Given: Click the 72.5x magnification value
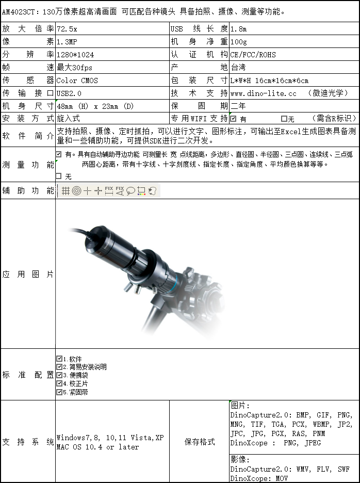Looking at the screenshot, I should pyautogui.click(x=67, y=29).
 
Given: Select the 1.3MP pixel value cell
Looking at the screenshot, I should pyautogui.click(x=67, y=42).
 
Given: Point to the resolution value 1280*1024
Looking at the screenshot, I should pyautogui.click(x=75, y=55).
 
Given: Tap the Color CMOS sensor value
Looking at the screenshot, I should pyautogui.click(x=77, y=81).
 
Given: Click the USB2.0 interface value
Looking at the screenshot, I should pyautogui.click(x=69, y=93).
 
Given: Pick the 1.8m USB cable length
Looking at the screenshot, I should pyautogui.click(x=238, y=29).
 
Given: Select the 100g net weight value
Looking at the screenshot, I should pyautogui.click(x=238, y=42).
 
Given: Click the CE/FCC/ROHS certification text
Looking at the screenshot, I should pyautogui.click(x=253, y=55).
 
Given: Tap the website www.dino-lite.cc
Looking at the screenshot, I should pyautogui.click(x=263, y=93).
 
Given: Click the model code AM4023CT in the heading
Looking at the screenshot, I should pyautogui.click(x=19, y=11).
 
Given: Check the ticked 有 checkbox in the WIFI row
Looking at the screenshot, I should pyautogui.click(x=233, y=119).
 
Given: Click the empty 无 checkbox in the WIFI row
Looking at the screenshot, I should pyautogui.click(x=284, y=119).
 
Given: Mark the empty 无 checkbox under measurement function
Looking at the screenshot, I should pyautogui.click(x=59, y=176).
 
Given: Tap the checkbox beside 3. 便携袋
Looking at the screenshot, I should pyautogui.click(x=59, y=375).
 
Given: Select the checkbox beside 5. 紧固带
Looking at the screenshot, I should pyautogui.click(x=59, y=392).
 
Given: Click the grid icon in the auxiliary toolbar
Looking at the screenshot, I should pyautogui.click(x=66, y=191).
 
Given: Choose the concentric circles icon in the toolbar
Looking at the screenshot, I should pyautogui.click(x=76, y=191).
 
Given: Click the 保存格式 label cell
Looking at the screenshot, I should pyautogui.click(x=200, y=442).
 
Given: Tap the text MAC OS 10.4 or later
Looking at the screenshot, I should pyautogui.click(x=98, y=447).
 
